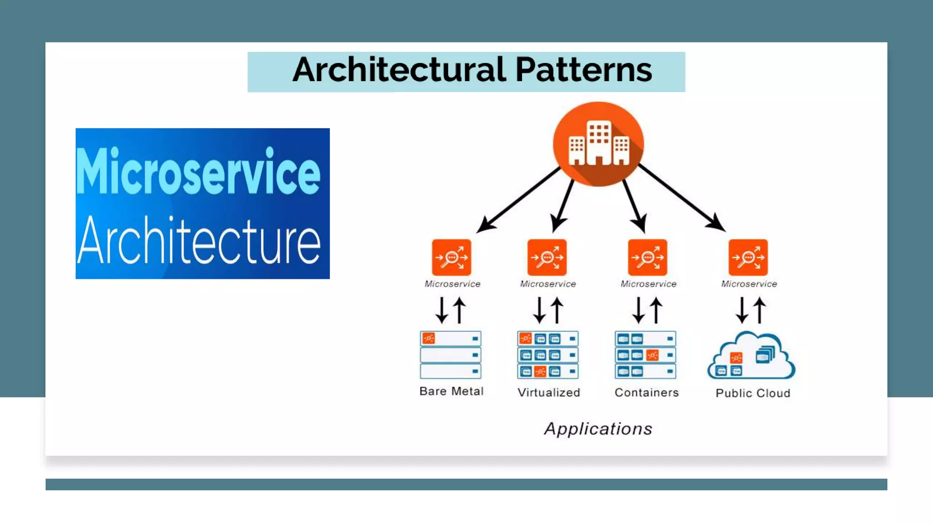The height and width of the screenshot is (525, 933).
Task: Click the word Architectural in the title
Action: point(399,71)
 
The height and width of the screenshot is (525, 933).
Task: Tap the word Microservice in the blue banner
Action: point(198,172)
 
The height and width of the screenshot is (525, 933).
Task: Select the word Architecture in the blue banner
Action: point(199,240)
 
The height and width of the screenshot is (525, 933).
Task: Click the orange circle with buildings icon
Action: point(598,144)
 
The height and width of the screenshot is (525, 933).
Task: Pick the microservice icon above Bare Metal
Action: point(451,257)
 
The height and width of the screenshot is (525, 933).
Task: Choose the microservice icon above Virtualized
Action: point(547,257)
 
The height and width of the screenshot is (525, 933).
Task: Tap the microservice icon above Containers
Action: point(647,257)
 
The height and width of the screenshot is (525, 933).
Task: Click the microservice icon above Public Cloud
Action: point(748,257)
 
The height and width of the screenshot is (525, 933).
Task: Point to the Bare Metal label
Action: point(451,391)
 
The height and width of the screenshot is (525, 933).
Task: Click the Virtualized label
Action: point(549,392)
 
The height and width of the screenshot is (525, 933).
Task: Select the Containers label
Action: point(646,392)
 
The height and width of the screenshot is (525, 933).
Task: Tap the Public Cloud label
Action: point(753,393)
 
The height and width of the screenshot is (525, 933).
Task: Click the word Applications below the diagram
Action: point(598,429)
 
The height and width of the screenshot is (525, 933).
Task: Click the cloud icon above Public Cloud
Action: point(752,356)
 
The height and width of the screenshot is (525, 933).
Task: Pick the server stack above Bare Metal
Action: point(451,355)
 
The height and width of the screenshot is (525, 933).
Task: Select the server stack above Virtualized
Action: point(548,355)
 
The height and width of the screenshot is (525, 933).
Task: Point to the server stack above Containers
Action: point(646,355)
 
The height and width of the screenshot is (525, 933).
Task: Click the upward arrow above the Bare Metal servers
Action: point(460,310)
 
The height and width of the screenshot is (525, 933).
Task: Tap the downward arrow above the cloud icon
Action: point(742,310)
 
